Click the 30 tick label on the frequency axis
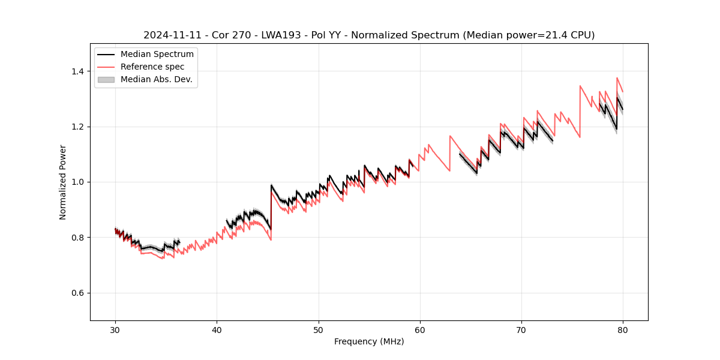point(115,329)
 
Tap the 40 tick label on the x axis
point(217,329)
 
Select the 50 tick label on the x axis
point(319,329)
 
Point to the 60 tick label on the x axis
point(420,329)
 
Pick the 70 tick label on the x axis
point(521,329)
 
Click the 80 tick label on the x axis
point(623,329)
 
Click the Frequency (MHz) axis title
point(369,341)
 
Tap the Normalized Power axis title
point(63,182)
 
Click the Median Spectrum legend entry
point(157,55)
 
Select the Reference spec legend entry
point(152,67)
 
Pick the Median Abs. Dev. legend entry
point(156,79)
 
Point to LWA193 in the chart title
point(280,35)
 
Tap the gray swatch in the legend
point(106,79)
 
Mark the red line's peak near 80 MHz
point(617,78)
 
